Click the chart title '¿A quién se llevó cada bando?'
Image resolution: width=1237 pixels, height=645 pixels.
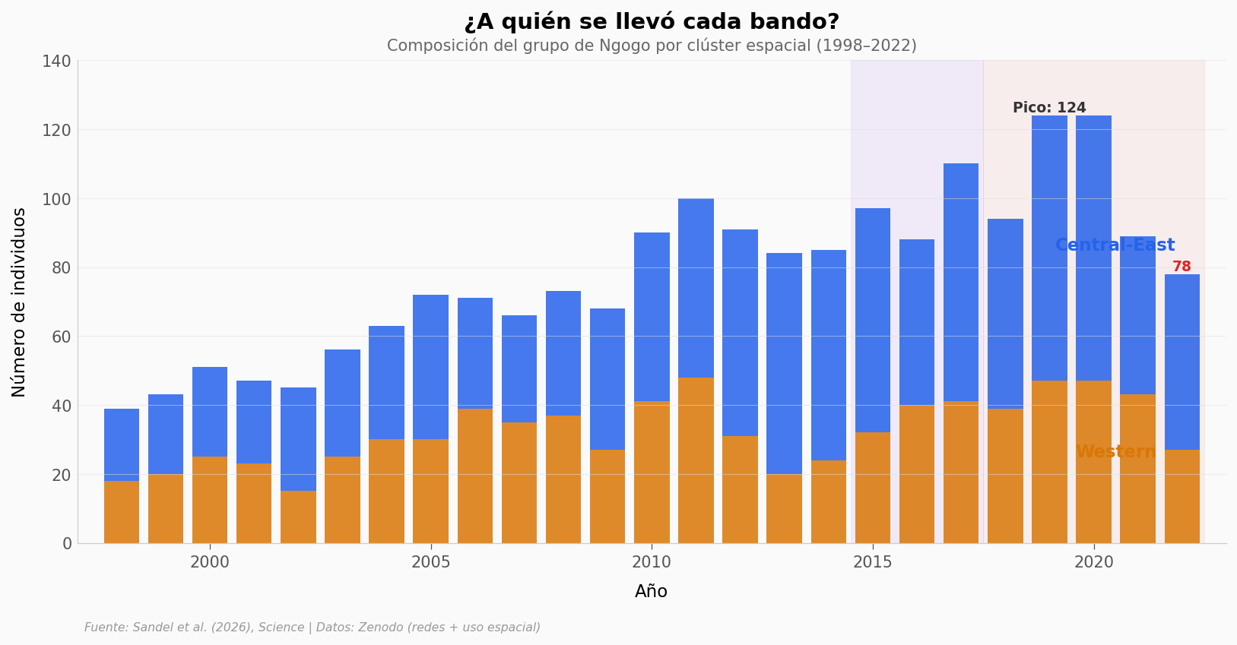pyautogui.click(x=652, y=22)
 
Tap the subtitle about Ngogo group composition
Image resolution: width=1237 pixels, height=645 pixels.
pyautogui.click(x=652, y=46)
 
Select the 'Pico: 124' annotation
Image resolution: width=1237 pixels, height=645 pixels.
pyautogui.click(x=1049, y=108)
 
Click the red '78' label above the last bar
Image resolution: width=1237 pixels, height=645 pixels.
pyautogui.click(x=1181, y=267)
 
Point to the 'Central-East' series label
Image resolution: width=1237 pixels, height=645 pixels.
pyautogui.click(x=1115, y=245)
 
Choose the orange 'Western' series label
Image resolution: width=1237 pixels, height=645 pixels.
pyautogui.click(x=1115, y=452)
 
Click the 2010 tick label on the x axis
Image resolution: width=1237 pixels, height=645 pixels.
pyautogui.click(x=652, y=563)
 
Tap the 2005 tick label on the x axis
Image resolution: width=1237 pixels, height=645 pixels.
pyautogui.click(x=431, y=563)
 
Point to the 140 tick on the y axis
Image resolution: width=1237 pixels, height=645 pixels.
pyautogui.click(x=56, y=61)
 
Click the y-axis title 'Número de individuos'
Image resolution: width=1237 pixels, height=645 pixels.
pyautogui.click(x=20, y=302)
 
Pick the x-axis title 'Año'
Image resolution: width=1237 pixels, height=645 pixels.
pyautogui.click(x=652, y=592)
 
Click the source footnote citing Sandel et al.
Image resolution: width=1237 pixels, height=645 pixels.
pyautogui.click(x=312, y=628)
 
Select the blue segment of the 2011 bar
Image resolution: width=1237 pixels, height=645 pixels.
pyautogui.click(x=696, y=288)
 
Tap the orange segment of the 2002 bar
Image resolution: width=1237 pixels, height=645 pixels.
pyautogui.click(x=298, y=517)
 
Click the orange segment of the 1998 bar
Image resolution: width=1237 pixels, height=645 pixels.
pyautogui.click(x=122, y=511)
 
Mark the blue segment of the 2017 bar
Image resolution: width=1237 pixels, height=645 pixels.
pyautogui.click(x=961, y=282)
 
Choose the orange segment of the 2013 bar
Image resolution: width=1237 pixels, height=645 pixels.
pyautogui.click(x=784, y=508)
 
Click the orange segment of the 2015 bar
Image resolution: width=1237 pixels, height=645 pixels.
pyautogui.click(x=873, y=488)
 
